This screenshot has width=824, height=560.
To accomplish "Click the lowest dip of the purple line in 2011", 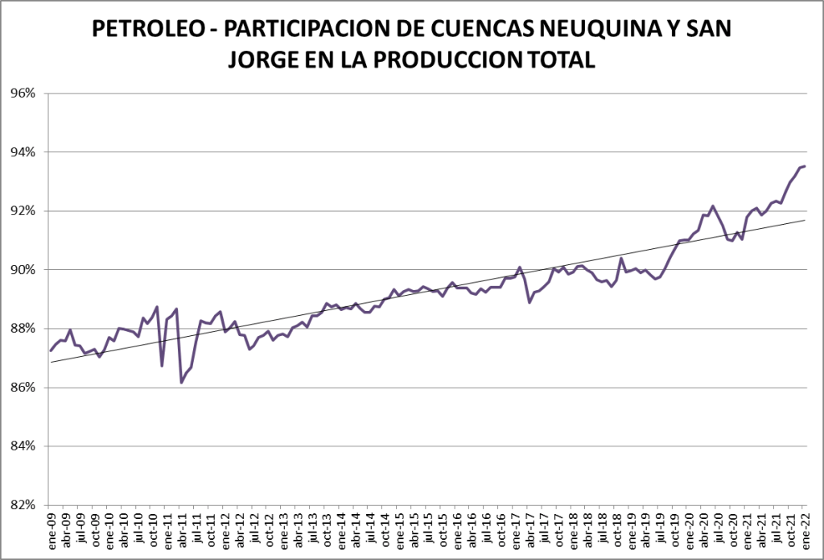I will [x=181, y=383].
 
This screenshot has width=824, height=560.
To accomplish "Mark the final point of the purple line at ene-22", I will [x=805, y=166].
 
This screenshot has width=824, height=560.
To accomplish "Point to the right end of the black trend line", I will [x=805, y=220].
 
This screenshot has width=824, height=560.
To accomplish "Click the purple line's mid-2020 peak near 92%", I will [x=713, y=206].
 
